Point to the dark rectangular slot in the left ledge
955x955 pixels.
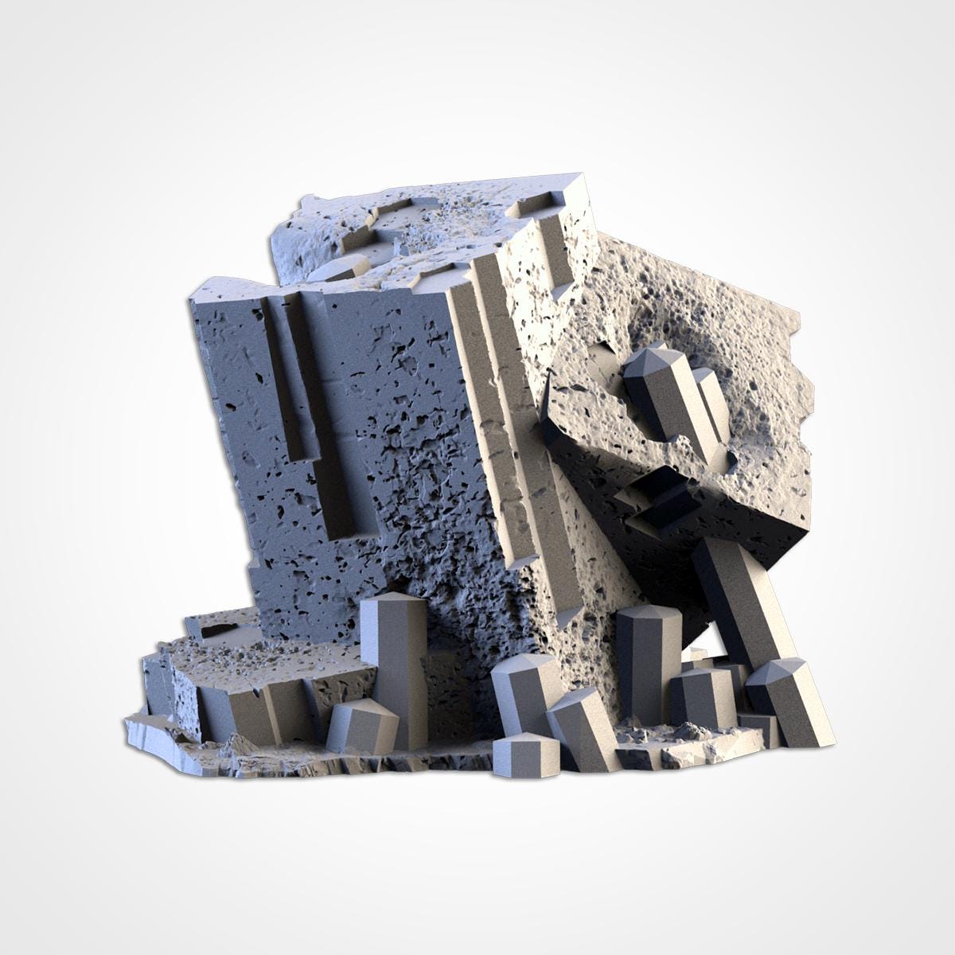pyautogui.click(x=220, y=631)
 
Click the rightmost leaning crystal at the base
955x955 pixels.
pyautogui.click(x=796, y=700)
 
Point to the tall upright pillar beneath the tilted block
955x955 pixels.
pyautogui.click(x=649, y=661)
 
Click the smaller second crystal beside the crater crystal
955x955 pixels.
pyautogui.click(x=712, y=406)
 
